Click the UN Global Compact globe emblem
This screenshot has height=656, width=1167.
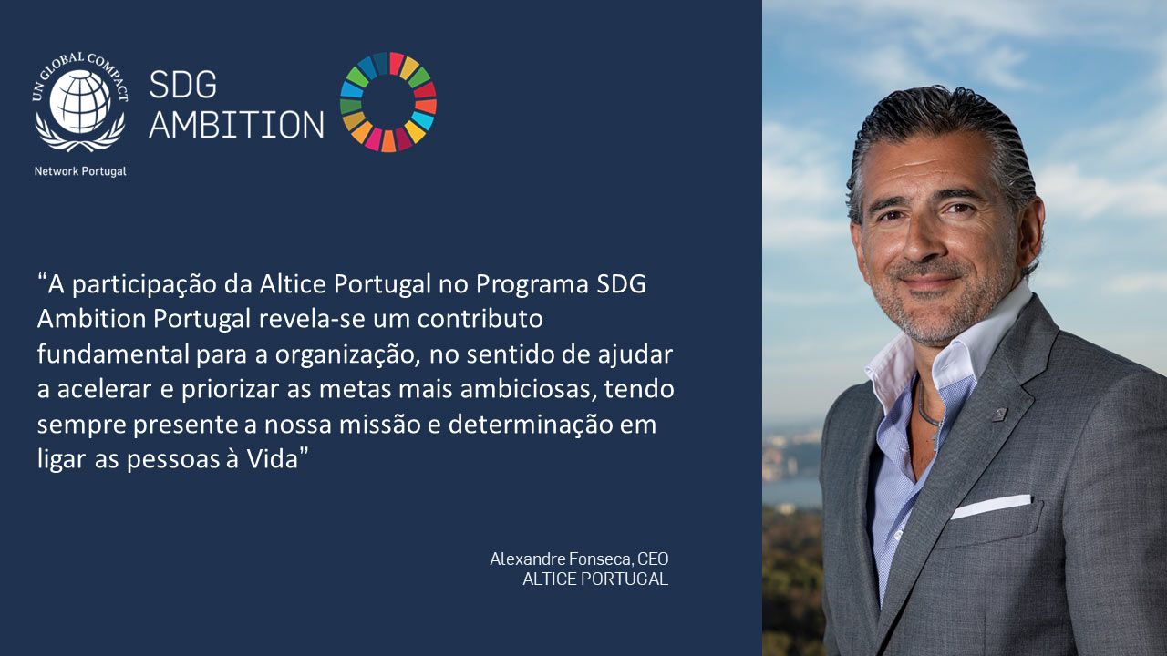point(79,102)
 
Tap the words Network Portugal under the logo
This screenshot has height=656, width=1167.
point(80,171)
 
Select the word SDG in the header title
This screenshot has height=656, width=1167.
point(183,85)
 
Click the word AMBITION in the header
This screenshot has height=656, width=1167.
point(236,125)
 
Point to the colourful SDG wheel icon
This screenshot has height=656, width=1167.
point(388,102)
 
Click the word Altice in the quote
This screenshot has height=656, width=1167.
point(293,284)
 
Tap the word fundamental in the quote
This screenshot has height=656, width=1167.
point(113,354)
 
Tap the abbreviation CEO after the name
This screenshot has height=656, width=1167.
point(653,559)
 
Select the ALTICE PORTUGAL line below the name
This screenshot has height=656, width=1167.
point(595,579)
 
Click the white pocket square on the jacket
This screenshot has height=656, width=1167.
point(991,506)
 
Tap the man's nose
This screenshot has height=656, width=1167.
point(924,241)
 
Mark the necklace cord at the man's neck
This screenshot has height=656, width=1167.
point(927,411)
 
